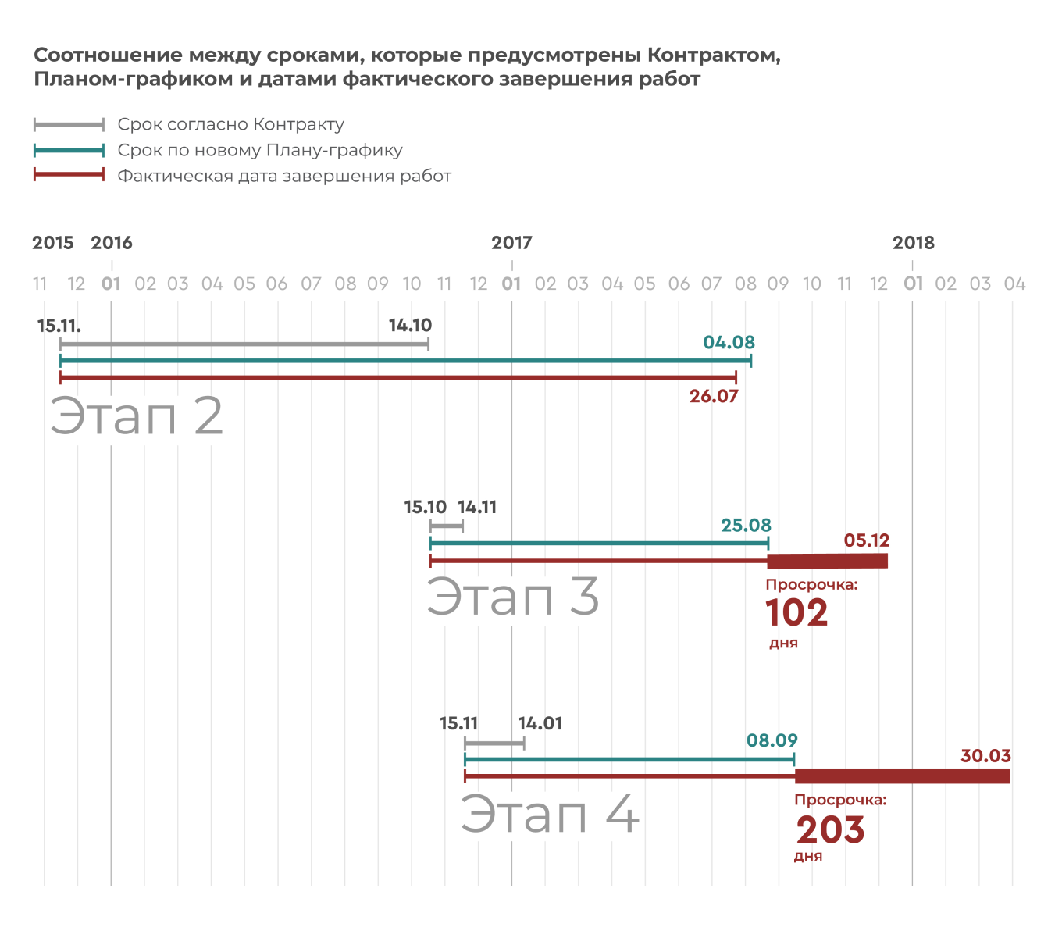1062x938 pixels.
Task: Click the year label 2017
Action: pos(511,243)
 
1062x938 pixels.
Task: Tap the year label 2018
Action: pos(913,243)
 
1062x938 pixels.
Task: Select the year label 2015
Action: pos(53,243)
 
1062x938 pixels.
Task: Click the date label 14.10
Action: pos(410,326)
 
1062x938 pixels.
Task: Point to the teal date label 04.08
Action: pos(729,343)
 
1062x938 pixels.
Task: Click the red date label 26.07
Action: pos(714,397)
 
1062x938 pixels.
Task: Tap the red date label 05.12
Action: pos(867,540)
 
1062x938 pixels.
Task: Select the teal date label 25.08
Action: pos(746,526)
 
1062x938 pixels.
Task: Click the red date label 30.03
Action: pos(985,756)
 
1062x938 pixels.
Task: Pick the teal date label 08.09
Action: pos(772,740)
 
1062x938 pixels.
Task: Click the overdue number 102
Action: pos(796,613)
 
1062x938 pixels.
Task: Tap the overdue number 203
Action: pos(830,830)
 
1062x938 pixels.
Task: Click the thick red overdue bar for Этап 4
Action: pos(902,776)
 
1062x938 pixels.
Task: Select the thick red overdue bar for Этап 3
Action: pos(828,561)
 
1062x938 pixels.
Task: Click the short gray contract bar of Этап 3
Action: pos(447,526)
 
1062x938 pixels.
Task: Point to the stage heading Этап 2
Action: pos(137,416)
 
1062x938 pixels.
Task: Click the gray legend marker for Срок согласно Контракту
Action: pos(69,125)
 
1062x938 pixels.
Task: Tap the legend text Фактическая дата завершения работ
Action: pos(284,177)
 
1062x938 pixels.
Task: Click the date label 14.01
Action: pos(540,724)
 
